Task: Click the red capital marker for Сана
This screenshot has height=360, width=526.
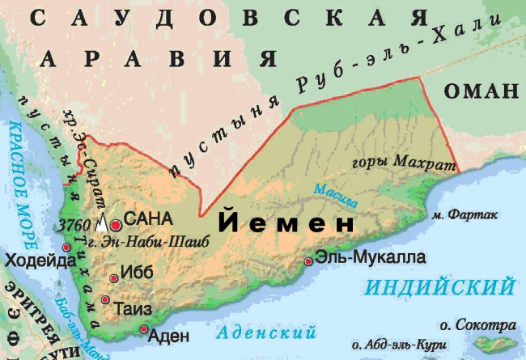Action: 117,224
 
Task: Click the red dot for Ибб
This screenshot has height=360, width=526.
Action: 113,278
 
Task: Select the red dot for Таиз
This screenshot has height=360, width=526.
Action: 105,300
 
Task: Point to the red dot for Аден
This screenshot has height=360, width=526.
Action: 144,329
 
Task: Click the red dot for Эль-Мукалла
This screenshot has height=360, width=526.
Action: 308,261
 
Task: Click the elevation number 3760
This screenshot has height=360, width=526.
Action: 75,224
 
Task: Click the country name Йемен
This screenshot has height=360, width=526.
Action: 287,222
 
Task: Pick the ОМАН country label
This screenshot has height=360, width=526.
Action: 480,89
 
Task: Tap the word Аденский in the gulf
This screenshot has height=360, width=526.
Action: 265,332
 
